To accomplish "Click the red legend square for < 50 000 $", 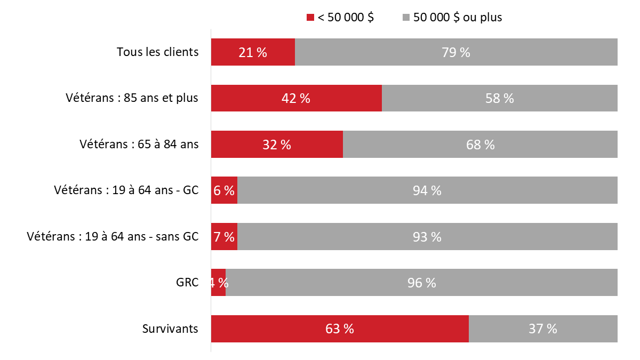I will (310, 18).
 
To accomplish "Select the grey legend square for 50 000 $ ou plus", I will (406, 18).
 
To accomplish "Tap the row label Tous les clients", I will (157, 52).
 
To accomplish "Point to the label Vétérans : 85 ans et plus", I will (132, 98).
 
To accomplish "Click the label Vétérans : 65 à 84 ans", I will (139, 145).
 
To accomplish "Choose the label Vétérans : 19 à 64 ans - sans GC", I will (113, 237).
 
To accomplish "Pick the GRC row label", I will (188, 283).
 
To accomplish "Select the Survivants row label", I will (170, 329).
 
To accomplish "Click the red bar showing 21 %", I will (253, 52).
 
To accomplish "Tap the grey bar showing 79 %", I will (456, 52).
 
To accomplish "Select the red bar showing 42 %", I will (297, 98).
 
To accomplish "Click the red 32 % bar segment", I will (277, 145).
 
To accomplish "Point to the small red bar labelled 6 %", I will (224, 190).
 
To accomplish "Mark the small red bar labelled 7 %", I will (224, 237).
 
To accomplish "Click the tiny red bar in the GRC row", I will (218, 283).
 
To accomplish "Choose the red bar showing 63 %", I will (340, 329).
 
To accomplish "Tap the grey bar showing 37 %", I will (543, 329).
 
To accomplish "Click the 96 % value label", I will (421, 283).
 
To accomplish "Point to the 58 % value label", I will (500, 99).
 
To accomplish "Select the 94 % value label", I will (427, 191).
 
